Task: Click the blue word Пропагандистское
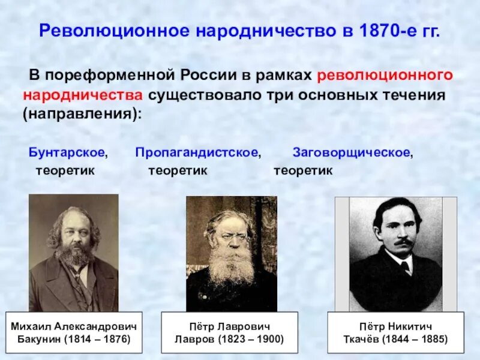point(197,152)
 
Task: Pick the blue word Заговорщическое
point(352,152)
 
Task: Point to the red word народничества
point(83,95)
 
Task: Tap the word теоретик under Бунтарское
point(65,170)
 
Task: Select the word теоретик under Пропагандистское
point(178,170)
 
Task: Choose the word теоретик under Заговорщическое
point(303,170)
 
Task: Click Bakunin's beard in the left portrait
point(75,255)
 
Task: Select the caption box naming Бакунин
point(74,333)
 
